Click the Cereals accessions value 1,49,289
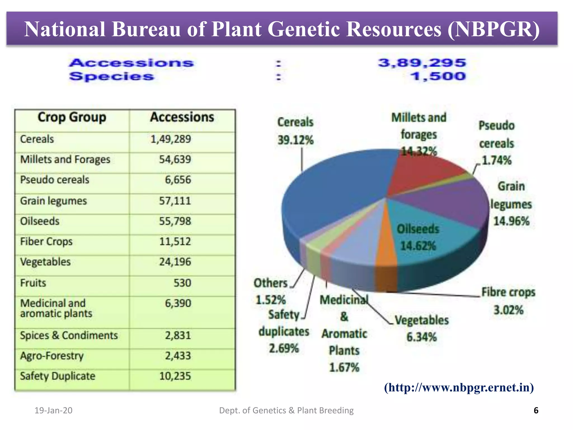171,139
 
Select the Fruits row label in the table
33,283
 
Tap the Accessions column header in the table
182,117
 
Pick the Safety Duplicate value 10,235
175,376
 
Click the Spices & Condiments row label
69,335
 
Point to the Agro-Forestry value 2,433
178,356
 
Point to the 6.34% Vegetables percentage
421,337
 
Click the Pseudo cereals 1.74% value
497,160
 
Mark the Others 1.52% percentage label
271,300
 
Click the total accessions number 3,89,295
422,63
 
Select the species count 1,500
438,76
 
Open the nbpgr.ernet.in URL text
459,387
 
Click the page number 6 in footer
536,410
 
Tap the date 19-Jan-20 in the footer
53,410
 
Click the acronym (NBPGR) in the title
493,29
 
